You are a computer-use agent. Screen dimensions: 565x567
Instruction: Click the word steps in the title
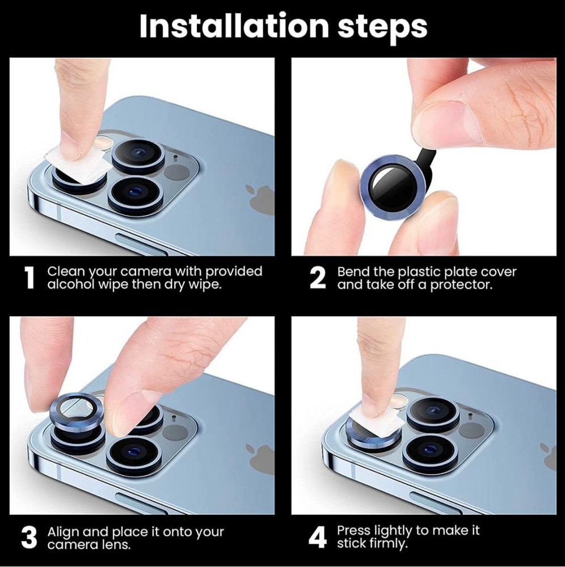pos(382,27)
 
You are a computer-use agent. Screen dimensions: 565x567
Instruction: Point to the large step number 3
pos(29,538)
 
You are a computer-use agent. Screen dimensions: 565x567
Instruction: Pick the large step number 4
pos(318,538)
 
